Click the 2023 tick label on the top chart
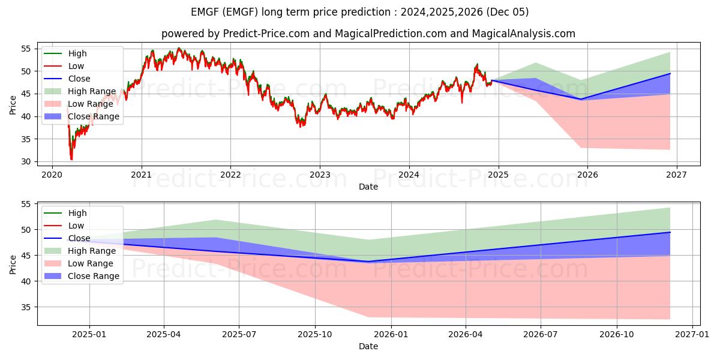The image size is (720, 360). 320,175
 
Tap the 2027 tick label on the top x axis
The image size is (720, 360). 676,175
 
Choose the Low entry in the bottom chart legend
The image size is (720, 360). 76,226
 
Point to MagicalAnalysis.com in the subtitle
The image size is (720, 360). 523,34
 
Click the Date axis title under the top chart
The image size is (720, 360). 368,187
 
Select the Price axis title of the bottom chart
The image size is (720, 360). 13,264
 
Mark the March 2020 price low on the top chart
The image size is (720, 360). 71,159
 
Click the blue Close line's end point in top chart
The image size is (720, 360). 670,73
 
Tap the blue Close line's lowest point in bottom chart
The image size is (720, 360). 368,262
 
